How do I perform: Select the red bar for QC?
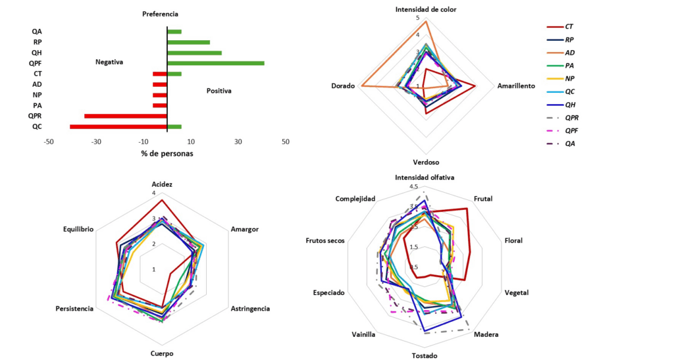(x=118, y=126)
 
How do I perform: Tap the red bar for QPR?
(x=126, y=116)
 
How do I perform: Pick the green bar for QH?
(x=194, y=53)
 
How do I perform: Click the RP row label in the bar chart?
(x=38, y=42)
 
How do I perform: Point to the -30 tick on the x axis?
(x=96, y=142)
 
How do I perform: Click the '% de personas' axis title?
(x=167, y=153)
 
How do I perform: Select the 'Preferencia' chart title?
(x=161, y=14)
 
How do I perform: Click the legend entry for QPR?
(x=571, y=117)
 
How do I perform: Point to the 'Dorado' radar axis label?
(x=343, y=86)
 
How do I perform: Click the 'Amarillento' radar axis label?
(x=515, y=86)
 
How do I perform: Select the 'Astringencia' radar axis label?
(x=249, y=308)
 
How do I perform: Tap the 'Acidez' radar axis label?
(x=162, y=184)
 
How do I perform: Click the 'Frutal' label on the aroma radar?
(x=483, y=199)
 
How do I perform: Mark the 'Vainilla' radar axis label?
(x=363, y=334)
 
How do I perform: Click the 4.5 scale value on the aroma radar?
(x=414, y=187)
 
